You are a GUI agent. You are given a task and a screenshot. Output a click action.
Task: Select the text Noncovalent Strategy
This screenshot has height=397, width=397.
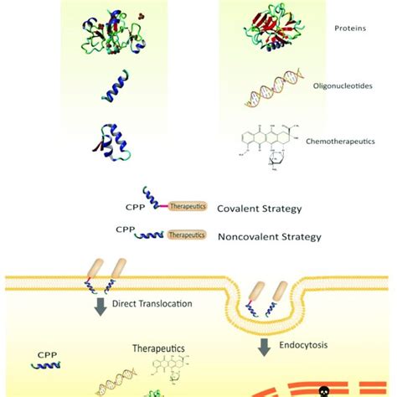click(x=269, y=236)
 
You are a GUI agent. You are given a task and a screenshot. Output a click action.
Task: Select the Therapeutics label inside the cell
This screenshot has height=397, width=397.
click(x=157, y=346)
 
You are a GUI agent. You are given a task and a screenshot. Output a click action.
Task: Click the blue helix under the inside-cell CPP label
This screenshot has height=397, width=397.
click(x=47, y=366)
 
